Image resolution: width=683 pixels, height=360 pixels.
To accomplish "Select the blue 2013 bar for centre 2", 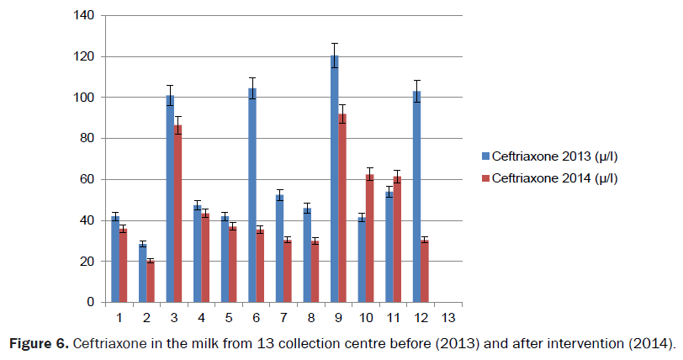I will pyautogui.click(x=142, y=273).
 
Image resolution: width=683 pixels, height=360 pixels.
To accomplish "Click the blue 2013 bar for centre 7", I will pyautogui.click(x=279, y=248).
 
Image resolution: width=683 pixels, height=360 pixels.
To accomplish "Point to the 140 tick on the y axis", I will pyautogui.click(x=85, y=16).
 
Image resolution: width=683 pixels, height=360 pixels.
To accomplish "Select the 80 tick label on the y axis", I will pyautogui.click(x=88, y=139).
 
